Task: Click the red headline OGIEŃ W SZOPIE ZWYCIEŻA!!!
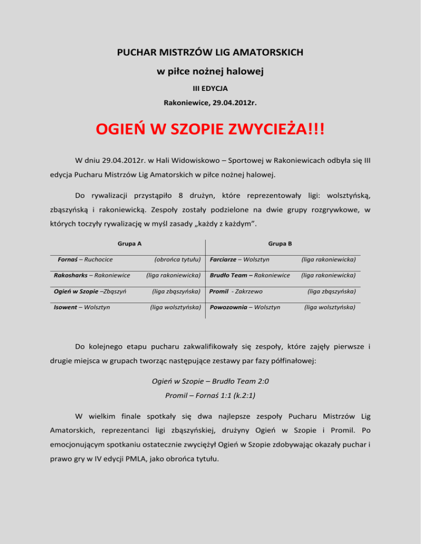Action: pos(210,130)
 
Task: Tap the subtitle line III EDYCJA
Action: pos(210,88)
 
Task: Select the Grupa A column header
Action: pos(127,227)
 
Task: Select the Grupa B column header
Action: pos(280,227)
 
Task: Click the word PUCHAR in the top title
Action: pos(139,53)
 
